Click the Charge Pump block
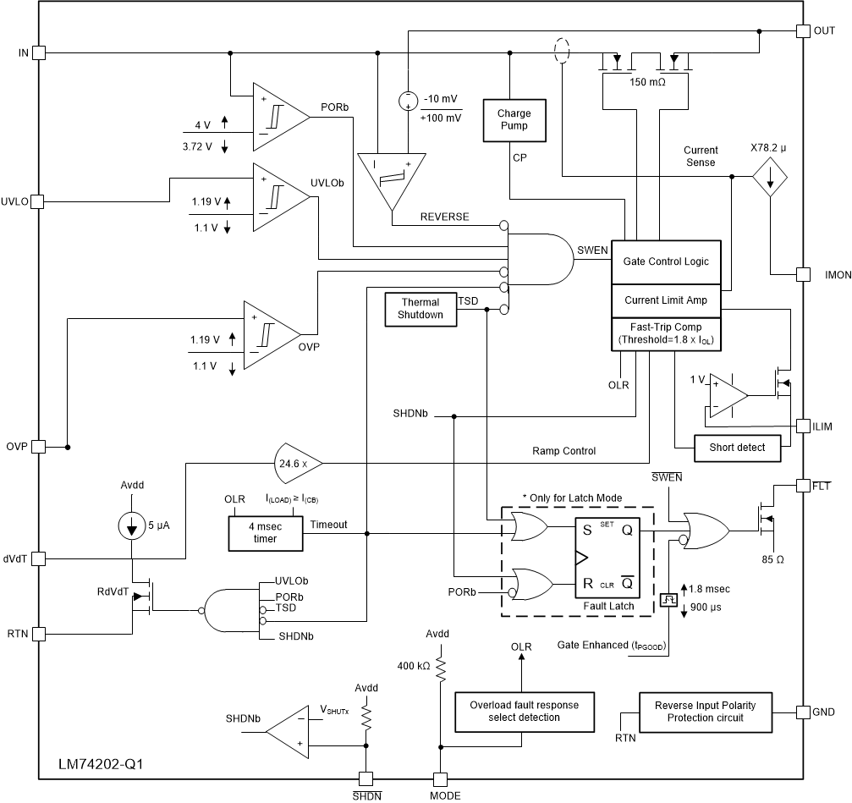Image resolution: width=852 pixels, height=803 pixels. point(514,119)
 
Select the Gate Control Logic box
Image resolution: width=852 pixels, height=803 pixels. point(672,261)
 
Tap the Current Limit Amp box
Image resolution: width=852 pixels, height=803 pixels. point(672,300)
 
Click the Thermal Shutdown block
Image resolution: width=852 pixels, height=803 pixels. point(421,309)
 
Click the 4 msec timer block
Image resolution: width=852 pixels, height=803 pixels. point(265,532)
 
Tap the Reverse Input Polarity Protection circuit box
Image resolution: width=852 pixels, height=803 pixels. point(705,711)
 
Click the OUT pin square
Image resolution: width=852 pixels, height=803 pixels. point(803,31)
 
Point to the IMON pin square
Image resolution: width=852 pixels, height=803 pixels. point(803,275)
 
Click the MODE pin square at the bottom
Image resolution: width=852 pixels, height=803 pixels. point(440,778)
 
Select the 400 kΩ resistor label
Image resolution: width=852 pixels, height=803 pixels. point(413,666)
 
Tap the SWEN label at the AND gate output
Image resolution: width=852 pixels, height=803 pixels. point(591,250)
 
